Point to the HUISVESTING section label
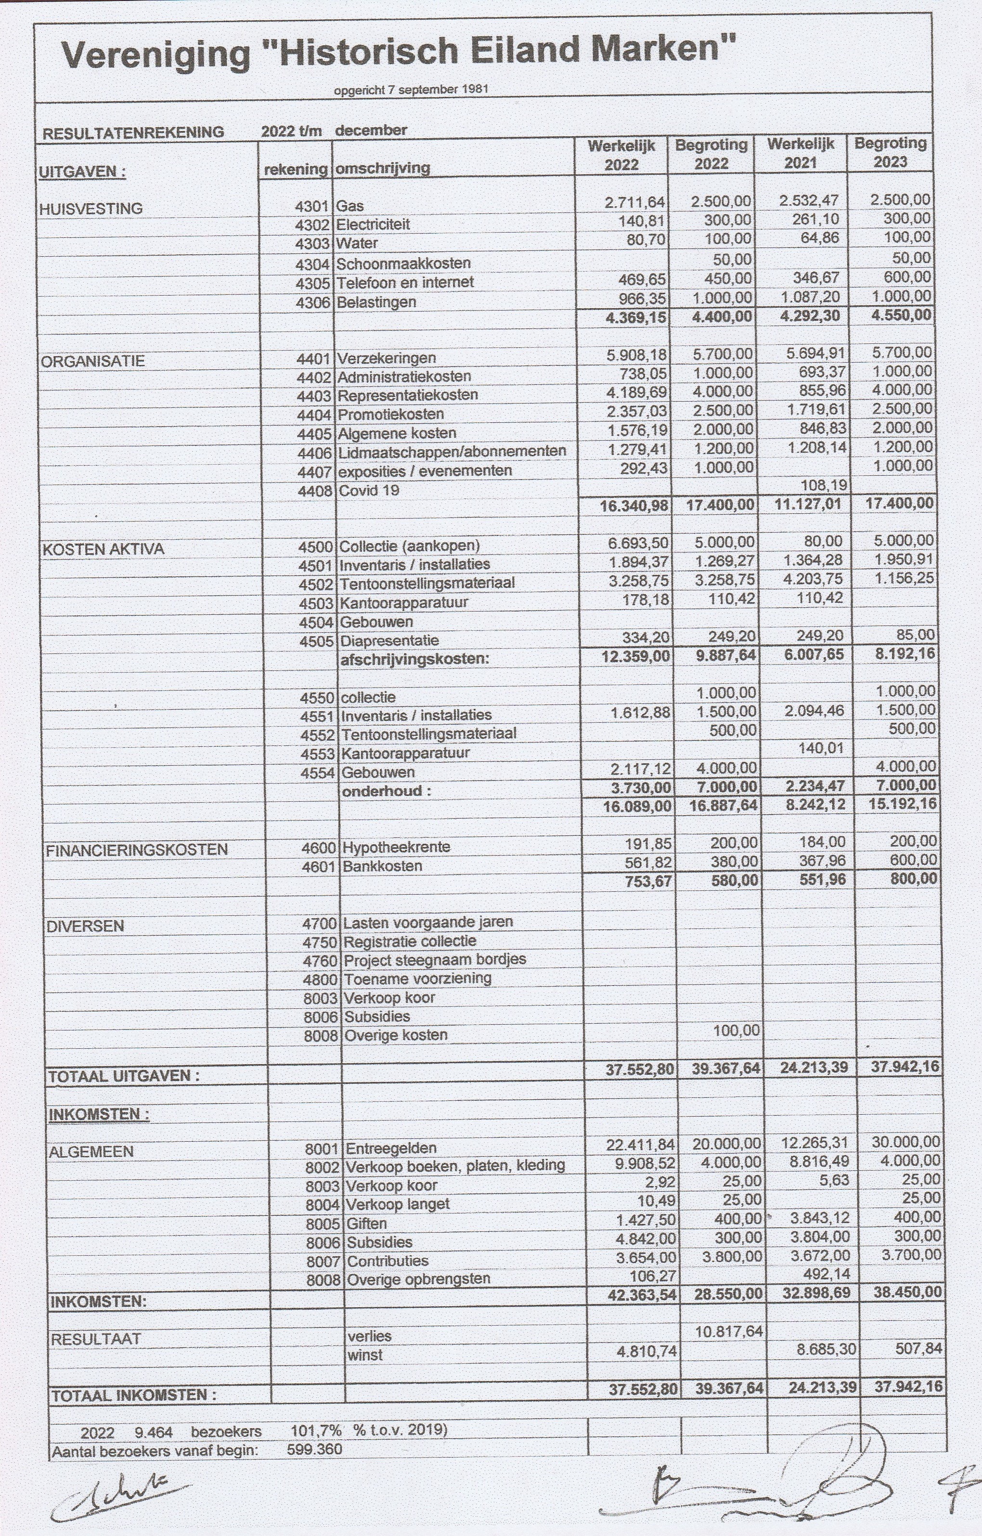(x=90, y=208)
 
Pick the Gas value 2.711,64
(x=634, y=203)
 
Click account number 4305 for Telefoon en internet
(x=312, y=283)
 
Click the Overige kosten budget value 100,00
(x=736, y=1030)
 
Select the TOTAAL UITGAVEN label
(x=124, y=1076)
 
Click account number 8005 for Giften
(x=323, y=1224)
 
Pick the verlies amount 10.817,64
(x=728, y=1331)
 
